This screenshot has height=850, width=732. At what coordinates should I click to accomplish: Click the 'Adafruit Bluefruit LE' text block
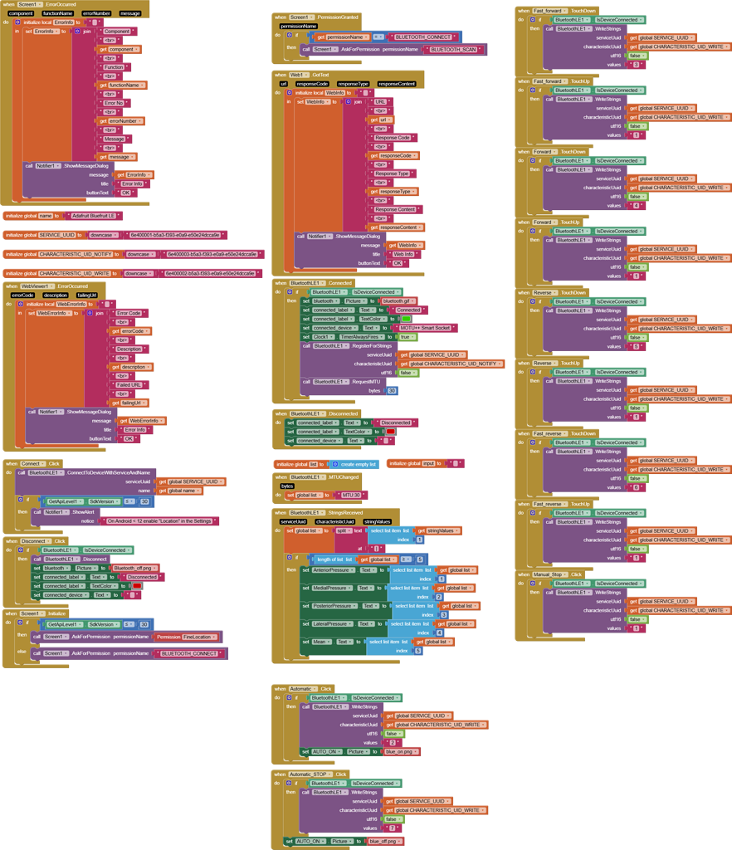(93, 215)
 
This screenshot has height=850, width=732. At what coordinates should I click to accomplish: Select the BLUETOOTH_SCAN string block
(454, 50)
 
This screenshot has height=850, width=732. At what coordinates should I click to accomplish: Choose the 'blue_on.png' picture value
(402, 751)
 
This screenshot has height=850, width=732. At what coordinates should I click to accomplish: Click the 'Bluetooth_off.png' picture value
(135, 568)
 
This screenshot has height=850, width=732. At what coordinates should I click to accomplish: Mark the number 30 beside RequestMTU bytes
(392, 390)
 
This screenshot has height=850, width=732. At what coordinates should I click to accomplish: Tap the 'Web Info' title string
(403, 254)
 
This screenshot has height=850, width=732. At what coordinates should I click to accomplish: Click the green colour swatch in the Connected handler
(406, 319)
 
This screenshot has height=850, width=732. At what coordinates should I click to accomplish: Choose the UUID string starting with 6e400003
(211, 254)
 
